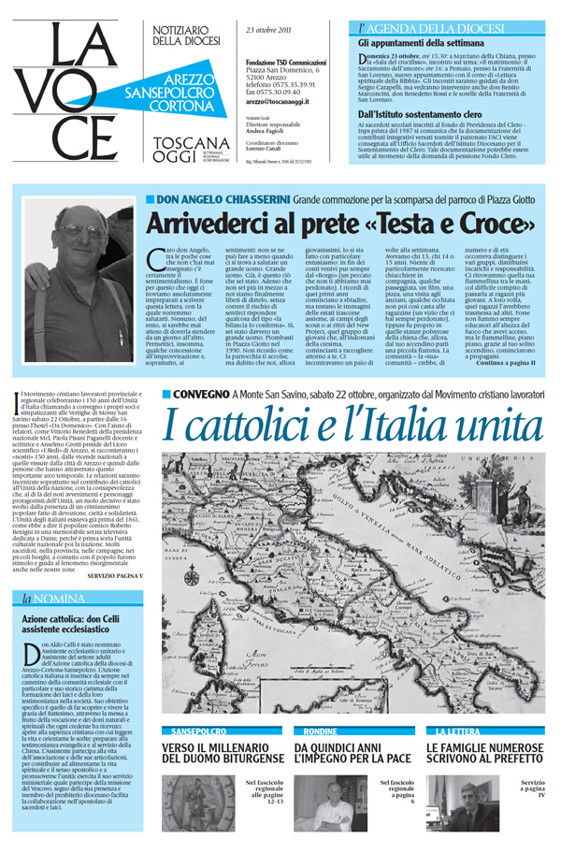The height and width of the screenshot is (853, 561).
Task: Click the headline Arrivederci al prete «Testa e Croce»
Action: (x=341, y=225)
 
